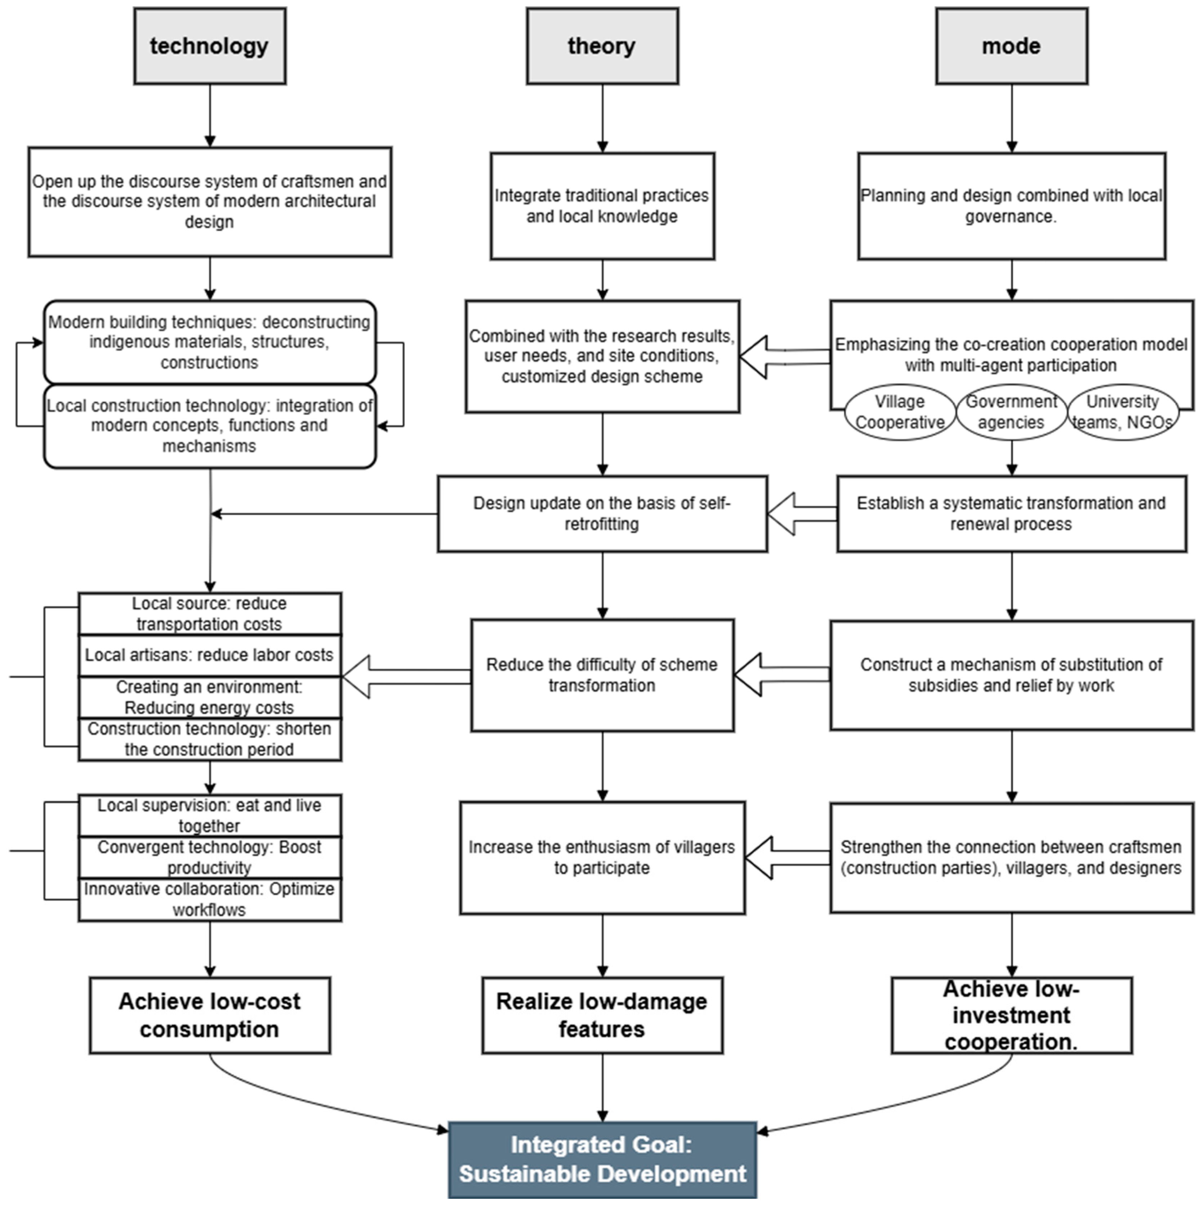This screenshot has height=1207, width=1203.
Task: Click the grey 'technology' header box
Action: coord(210,46)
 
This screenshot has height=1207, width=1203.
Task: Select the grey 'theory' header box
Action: coord(602,46)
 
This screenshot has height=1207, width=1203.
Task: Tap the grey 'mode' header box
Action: coord(1011,46)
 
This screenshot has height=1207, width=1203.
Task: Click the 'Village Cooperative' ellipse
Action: coord(899,412)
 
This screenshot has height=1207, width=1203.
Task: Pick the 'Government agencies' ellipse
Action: coord(1011,412)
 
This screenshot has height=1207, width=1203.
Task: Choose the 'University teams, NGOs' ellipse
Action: coord(1122,412)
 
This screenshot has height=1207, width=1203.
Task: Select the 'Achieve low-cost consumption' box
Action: coord(210,1015)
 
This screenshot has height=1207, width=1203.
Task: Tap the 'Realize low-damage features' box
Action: coord(602,1015)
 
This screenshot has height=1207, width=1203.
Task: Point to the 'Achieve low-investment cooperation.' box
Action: coord(1011,1015)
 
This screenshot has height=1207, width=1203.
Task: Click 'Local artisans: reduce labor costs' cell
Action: coord(210,655)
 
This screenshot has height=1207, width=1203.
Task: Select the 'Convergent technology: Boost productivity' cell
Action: coord(210,857)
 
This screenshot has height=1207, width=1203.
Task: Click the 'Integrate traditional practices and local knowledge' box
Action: coord(602,206)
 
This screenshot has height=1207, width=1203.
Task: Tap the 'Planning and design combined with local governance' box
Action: coord(1011,206)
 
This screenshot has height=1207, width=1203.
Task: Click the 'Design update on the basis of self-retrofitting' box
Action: coord(602,513)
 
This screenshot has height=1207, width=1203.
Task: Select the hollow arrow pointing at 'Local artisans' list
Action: coord(400,677)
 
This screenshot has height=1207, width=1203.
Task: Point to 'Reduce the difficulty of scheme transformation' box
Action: coord(602,675)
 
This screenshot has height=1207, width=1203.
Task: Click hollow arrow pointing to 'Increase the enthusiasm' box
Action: coord(784,858)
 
